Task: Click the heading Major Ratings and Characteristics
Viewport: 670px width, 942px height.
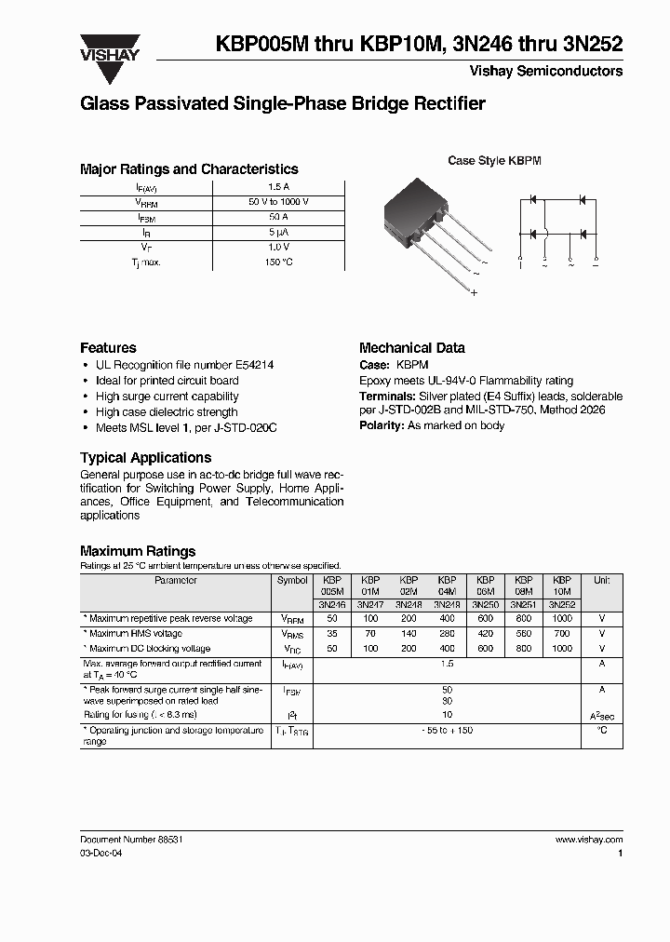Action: [x=189, y=169]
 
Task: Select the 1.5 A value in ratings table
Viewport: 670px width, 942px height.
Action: [x=278, y=186]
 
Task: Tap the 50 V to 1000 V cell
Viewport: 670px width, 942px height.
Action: [x=278, y=202]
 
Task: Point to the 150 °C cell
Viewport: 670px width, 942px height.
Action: [x=278, y=262]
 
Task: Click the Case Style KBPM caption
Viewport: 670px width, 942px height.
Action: [x=494, y=161]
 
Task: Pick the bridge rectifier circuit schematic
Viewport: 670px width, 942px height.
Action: [x=557, y=228]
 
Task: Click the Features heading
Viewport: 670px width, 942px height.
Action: [x=108, y=347]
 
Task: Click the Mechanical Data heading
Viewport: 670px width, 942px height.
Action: [x=411, y=347]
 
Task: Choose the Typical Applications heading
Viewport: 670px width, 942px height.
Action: [x=145, y=458]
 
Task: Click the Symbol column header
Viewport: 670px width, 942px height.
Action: [x=292, y=580]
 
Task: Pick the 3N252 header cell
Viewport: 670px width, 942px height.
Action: [x=562, y=604]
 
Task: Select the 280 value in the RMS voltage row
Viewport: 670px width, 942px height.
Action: [x=447, y=633]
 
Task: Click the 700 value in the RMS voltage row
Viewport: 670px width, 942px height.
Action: [x=562, y=633]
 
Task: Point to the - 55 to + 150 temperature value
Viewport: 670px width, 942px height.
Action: [x=447, y=731]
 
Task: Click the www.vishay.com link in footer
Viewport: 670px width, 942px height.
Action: [x=588, y=840]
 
